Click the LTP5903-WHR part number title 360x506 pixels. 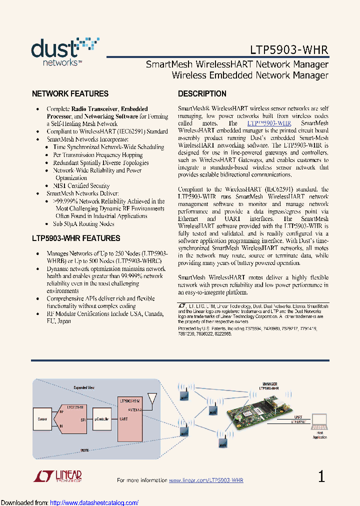(289, 50)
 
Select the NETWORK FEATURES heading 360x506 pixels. (70, 93)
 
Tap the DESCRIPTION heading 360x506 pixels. (202, 93)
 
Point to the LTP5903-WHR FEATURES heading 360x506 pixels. (76, 238)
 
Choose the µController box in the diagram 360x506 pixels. (101, 418)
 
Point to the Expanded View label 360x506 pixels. (84, 387)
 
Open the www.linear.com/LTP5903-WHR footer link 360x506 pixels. (206, 480)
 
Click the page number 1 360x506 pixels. (321, 476)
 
